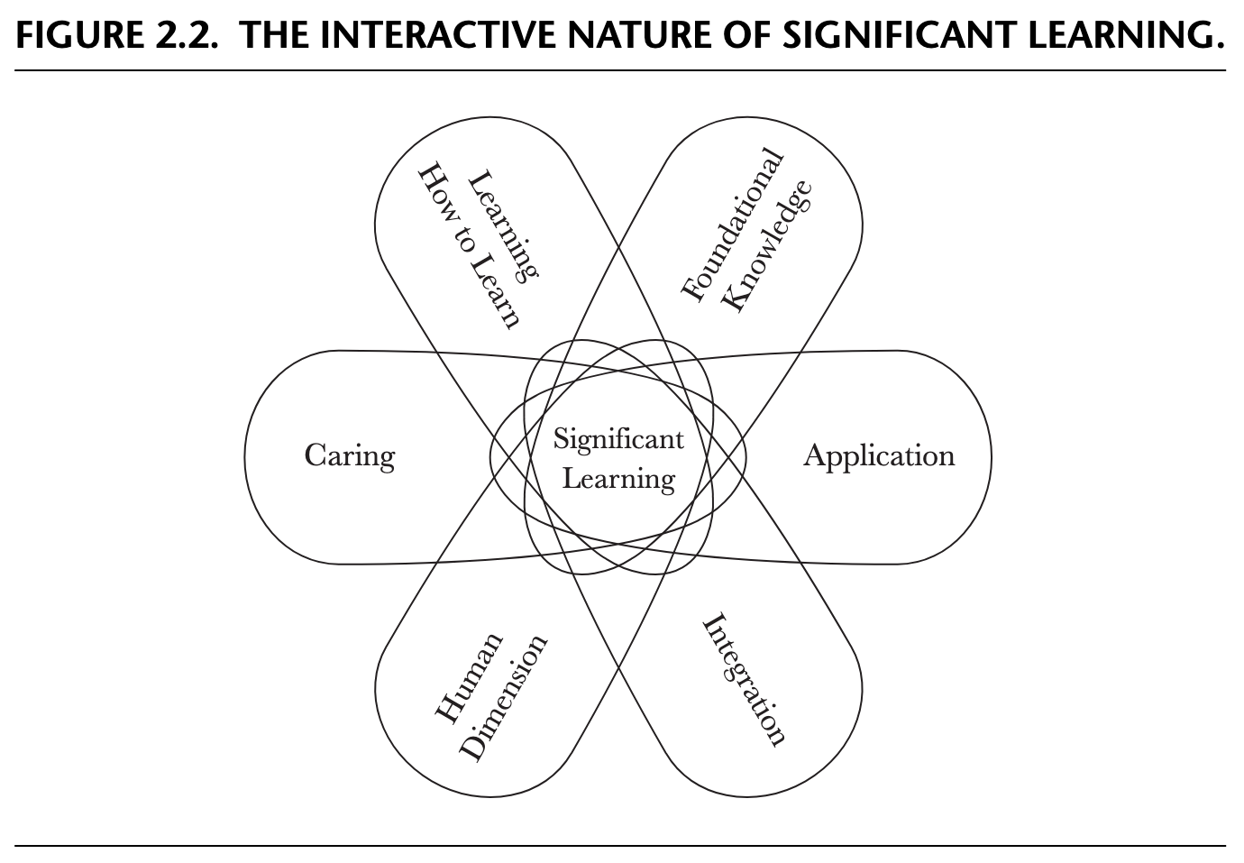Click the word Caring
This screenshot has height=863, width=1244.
(350, 455)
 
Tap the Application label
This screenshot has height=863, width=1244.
(879, 455)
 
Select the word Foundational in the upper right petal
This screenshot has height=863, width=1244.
(732, 225)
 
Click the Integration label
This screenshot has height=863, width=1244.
(745, 680)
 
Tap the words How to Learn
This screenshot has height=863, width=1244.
(469, 246)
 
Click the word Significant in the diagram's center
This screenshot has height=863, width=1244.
(618, 439)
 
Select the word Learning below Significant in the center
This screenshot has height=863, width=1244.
(618, 477)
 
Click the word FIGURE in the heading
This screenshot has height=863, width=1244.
(77, 35)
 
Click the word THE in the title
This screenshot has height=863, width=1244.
(276, 35)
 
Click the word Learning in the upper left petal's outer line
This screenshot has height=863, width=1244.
(505, 225)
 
